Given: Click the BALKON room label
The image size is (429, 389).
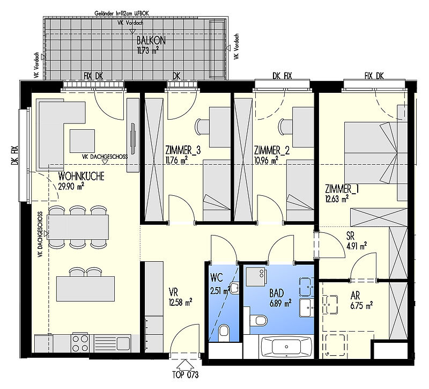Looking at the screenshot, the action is click(151, 41).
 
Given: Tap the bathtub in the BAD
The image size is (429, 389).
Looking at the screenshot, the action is click(286, 347).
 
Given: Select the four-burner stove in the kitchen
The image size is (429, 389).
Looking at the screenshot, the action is click(80, 343).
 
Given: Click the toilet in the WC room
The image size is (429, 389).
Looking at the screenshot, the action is click(223, 331).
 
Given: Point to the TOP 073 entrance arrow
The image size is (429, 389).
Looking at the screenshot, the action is click(185, 365).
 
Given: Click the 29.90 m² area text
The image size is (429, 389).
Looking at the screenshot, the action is click(71, 186).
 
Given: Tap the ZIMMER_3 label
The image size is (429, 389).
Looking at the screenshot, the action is click(183, 150).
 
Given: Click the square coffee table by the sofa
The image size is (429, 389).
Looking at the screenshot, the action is click(82, 141).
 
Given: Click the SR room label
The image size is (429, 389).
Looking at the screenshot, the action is click(350, 236).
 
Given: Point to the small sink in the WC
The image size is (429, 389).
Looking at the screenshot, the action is click(234, 288).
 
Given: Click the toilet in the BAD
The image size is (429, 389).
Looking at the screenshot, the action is click(259, 320).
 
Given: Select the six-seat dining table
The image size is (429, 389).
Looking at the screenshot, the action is click(78, 227).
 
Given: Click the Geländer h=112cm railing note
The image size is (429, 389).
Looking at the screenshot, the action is click(122, 13).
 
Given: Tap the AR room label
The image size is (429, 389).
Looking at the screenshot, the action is click(355, 296).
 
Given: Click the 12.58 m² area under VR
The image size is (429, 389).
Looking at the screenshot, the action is click(181, 303).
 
